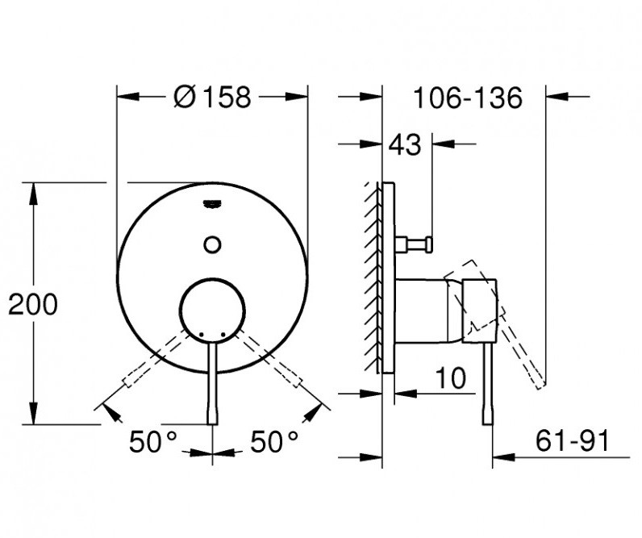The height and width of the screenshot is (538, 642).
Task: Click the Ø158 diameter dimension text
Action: pos(213,98)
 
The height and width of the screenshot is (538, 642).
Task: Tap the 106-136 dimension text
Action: pos(468,98)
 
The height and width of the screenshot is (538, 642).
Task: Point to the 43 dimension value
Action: pos(405,146)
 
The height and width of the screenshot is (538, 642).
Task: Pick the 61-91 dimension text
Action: pos(571,441)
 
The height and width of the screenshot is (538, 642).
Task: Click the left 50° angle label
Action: pos(154,441)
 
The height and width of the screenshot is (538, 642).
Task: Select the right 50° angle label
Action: pos(273,441)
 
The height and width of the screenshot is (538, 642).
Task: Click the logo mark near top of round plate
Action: pos(213,204)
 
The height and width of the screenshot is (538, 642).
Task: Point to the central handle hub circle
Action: pos(213,309)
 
